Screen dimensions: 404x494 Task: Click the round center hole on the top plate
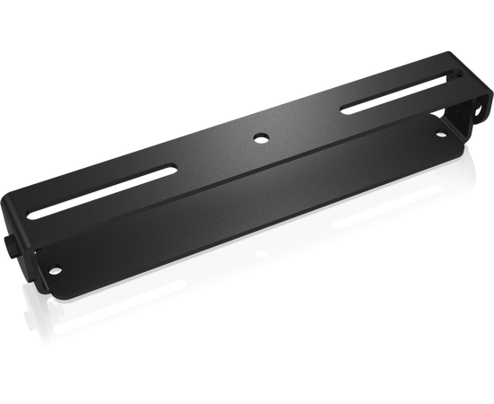coord(260,136)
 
